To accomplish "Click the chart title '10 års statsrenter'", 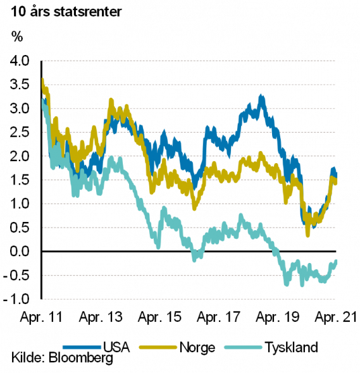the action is tap(66, 12).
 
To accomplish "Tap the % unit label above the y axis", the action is tap(17, 37).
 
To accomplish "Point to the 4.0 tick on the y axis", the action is tap(19, 61).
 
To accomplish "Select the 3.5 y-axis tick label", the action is tap(19, 85).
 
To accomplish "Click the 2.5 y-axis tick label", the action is tap(19, 132).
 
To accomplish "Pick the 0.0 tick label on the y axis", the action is tap(19, 251).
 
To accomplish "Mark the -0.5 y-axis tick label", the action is tap(16, 275).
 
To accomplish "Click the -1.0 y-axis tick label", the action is tap(16, 299).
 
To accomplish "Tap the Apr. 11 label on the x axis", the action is tap(41, 317).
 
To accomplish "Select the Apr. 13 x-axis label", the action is tap(101, 317).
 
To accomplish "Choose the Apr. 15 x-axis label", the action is tap(159, 317).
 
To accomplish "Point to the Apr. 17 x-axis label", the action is tap(218, 317).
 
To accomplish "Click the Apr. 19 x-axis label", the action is tap(277, 317).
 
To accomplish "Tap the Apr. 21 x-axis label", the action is tap(336, 317).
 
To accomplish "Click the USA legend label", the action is tap(116, 347).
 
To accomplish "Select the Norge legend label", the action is tap(197, 348).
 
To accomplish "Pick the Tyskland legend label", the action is tap(292, 348).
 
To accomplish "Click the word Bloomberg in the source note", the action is tap(81, 358).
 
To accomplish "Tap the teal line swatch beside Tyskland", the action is tap(244, 348).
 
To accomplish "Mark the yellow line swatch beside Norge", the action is tap(158, 348).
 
